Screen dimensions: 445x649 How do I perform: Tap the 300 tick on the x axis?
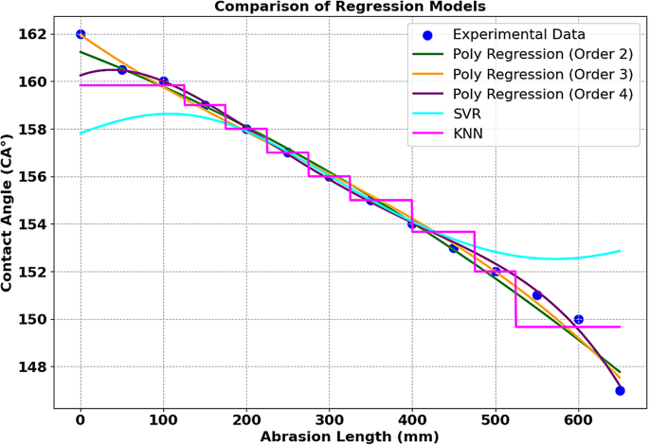click(329, 418)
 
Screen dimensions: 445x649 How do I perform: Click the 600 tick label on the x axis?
click(578, 418)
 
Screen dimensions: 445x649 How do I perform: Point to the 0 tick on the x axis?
click(81, 418)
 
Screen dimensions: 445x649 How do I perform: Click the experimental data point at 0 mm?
click(81, 34)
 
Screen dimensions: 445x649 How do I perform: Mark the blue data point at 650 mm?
click(620, 390)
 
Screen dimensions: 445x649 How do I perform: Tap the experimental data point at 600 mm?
click(578, 319)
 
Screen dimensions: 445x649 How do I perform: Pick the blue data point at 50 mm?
click(122, 70)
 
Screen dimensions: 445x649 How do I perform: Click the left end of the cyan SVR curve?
click(81, 133)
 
